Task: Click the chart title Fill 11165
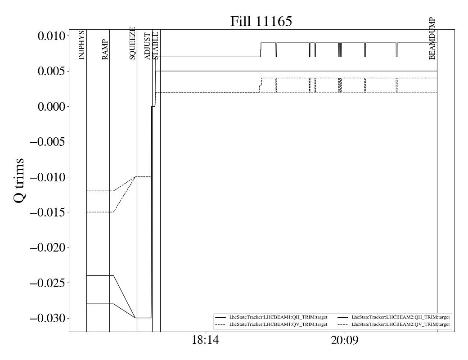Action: (261, 22)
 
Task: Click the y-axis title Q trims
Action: (19, 180)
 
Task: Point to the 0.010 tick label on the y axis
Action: (51, 36)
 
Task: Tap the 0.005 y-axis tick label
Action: (51, 72)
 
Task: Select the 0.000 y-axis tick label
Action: (51, 107)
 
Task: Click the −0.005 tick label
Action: (47, 142)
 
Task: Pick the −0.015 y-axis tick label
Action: (47, 212)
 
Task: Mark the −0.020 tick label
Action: (47, 248)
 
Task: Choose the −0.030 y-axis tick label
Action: (47, 319)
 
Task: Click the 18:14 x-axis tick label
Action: (205, 340)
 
